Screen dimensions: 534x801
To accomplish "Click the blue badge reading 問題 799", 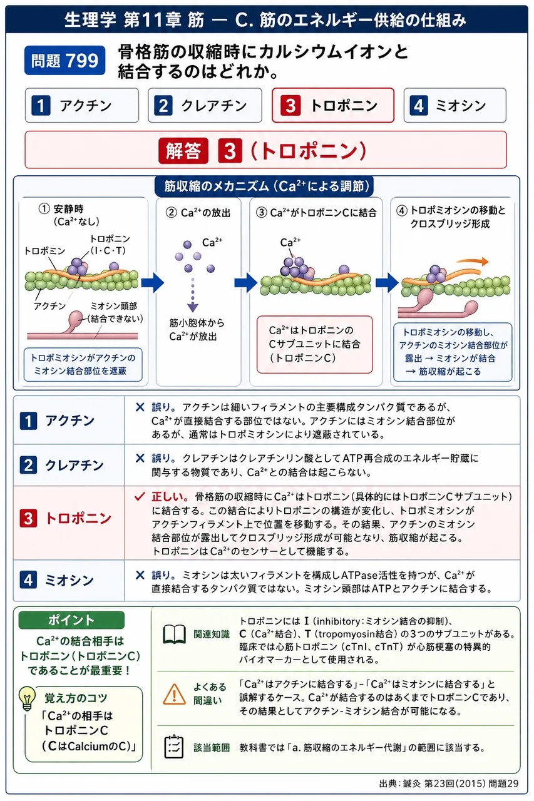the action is [64, 61].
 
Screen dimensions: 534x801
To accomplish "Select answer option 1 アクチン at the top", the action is [82, 106].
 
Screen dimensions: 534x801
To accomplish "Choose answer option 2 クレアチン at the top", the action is [205, 106].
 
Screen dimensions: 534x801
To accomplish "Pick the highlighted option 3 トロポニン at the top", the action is [333, 106].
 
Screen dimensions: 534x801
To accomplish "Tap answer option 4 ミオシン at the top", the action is [455, 106].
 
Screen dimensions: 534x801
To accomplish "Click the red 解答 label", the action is [183, 151].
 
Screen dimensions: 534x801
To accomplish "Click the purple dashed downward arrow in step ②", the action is [193, 295].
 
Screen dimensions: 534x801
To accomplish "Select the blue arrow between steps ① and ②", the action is [152, 283].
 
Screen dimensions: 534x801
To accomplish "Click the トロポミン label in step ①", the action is [44, 251].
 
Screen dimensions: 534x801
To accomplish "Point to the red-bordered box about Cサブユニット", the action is [315, 344].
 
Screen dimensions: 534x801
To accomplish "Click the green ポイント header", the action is [71, 620].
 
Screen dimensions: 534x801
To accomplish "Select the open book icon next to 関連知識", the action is [174, 634].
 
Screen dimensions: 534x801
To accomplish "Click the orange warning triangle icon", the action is [174, 694].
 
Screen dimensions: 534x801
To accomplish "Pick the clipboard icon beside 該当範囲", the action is [174, 747].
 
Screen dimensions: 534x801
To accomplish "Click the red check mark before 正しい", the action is [140, 496].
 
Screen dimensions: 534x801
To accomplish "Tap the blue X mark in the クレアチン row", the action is [140, 458].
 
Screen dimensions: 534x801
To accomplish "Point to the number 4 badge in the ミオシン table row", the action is [28, 580].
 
